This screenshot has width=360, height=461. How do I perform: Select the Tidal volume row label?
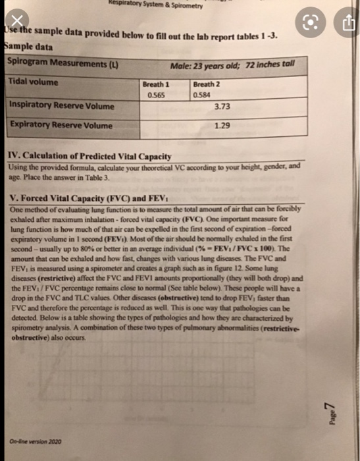tap(34, 82)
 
